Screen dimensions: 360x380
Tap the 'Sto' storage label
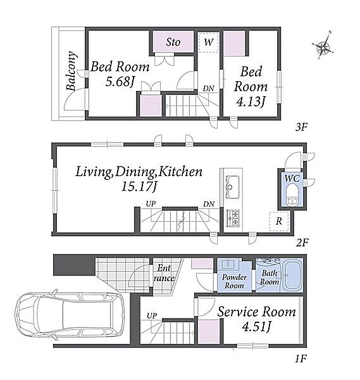pos(173,42)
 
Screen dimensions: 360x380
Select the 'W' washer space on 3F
pos(208,42)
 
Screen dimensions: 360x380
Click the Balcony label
pos(71,71)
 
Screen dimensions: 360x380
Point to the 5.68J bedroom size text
pos(120,82)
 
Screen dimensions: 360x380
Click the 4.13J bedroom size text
pos(251,102)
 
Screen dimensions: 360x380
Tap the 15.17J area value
pos(139,187)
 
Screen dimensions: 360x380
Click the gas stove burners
pos(233,218)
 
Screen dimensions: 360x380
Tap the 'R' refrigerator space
pos(279,221)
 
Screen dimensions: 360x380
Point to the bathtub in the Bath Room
pos(292,275)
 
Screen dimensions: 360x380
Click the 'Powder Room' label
pos(234,281)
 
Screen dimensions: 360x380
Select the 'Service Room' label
pos(256,312)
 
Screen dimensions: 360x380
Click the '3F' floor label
pos(301,127)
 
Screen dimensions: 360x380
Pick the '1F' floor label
pos(301,358)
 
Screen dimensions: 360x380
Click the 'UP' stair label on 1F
pos(152,316)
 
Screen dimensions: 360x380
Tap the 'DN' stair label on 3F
pos(208,89)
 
